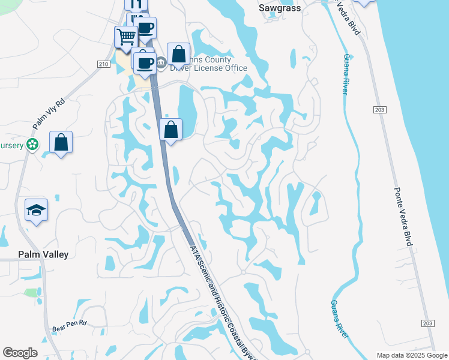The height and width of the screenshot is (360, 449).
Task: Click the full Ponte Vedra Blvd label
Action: click(x=402, y=215)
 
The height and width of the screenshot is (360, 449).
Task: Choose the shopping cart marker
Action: click(x=126, y=37)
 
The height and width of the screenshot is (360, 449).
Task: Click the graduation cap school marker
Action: click(x=37, y=210)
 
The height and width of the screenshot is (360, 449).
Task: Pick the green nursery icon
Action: click(x=32, y=145)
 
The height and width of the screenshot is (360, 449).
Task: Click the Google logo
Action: click(x=20, y=353)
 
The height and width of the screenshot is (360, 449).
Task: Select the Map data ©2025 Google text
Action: click(x=411, y=355)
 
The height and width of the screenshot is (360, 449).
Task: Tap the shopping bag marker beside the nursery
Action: click(x=61, y=143)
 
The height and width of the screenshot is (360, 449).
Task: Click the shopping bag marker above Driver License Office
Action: click(x=179, y=54)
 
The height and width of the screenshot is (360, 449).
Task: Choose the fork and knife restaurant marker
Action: click(x=136, y=4)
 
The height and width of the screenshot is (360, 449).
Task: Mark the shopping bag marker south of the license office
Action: click(x=171, y=129)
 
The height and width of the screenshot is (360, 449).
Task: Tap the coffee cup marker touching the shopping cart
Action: click(x=145, y=28)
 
